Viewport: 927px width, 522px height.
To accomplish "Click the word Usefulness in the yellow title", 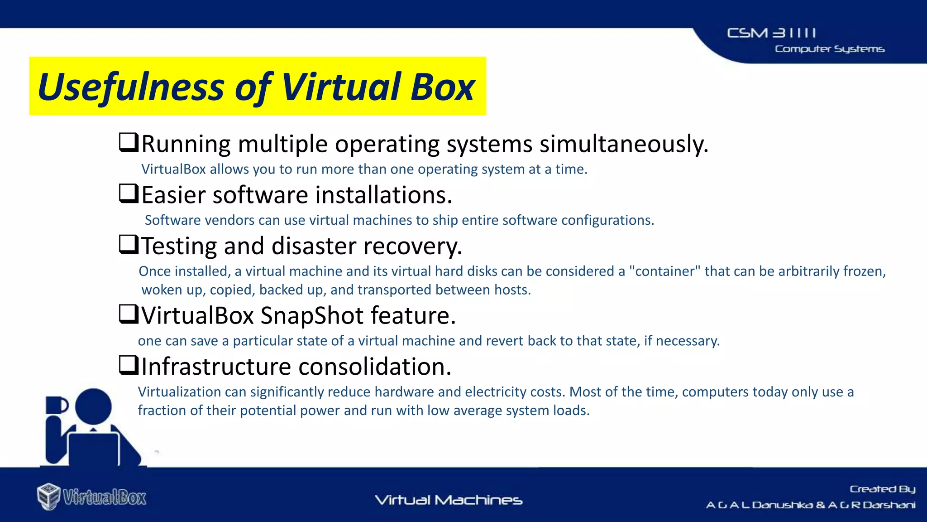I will click(131, 87).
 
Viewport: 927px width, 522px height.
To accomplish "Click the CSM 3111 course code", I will click(771, 33).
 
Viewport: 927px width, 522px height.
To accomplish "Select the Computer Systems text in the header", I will click(829, 49).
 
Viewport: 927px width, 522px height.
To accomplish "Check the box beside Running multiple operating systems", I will click(128, 142).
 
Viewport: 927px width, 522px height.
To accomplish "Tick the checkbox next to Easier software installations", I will click(128, 193).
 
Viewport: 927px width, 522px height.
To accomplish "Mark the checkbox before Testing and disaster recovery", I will click(128, 244).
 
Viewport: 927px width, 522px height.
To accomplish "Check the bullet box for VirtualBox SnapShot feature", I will click(128, 314).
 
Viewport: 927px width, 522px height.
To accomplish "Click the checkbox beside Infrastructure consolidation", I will click(128, 365).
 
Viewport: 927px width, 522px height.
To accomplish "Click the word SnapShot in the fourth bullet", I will click(312, 315).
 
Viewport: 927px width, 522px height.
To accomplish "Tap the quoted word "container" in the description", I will click(665, 271).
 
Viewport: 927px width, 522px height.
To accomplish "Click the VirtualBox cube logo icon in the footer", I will click(48, 496).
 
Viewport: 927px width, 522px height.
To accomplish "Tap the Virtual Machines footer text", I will click(449, 500).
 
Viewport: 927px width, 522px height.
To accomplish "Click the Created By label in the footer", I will click(882, 489).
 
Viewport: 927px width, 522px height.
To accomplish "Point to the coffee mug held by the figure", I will click(57, 405).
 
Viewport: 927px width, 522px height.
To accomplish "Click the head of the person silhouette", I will click(93, 406).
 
